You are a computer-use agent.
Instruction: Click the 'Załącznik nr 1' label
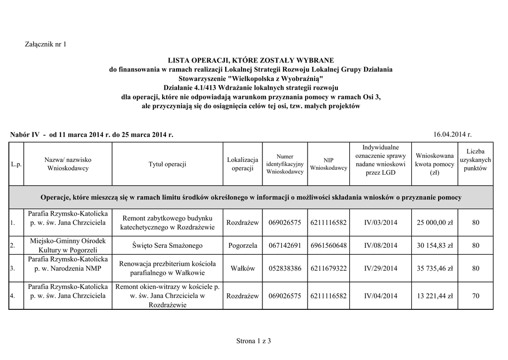point(45,45)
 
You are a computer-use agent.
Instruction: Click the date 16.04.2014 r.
point(452,135)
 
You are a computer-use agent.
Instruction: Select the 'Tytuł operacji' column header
point(167,164)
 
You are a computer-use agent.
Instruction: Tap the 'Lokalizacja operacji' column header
point(243,164)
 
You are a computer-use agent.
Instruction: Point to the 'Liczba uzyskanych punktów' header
point(475,160)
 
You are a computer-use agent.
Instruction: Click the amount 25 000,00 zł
point(435,223)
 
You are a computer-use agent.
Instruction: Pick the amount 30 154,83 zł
point(435,245)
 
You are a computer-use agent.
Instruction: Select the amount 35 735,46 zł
point(435,269)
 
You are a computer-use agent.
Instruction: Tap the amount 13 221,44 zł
point(435,296)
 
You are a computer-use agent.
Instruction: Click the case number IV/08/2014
point(381,245)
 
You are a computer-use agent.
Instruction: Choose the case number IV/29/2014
point(381,269)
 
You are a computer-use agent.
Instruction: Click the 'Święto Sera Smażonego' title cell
point(167,245)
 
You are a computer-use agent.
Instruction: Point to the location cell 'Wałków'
point(243,269)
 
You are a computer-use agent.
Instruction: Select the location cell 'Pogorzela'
point(243,245)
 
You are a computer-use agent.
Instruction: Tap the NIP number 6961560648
point(328,245)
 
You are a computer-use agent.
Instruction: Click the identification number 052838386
point(285,269)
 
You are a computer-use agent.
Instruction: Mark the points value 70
point(475,296)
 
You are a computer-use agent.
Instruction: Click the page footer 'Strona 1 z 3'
point(254,341)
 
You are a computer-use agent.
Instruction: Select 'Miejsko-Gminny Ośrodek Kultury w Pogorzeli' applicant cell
point(67,245)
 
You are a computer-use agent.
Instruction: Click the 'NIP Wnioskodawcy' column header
point(328,164)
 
